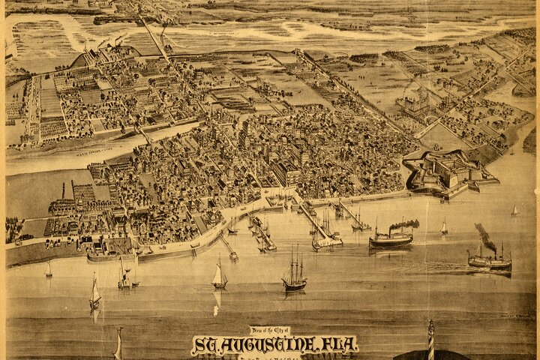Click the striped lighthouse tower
[x=430, y=340]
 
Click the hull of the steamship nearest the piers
[x=391, y=241]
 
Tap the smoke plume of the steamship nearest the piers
[x=405, y=223]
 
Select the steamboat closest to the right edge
[x=489, y=262]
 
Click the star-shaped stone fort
[x=442, y=171]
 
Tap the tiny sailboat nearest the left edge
[x=49, y=270]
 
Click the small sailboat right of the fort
[x=514, y=210]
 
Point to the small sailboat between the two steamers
[x=443, y=226]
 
